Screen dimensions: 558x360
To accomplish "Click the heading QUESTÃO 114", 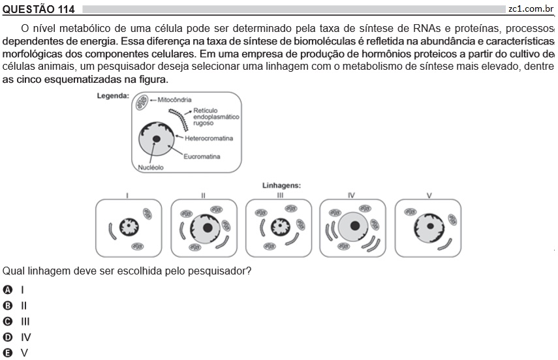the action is click(x=39, y=9).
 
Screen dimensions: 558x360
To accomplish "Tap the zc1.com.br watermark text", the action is click(x=531, y=9).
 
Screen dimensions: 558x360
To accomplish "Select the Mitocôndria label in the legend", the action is click(x=174, y=100).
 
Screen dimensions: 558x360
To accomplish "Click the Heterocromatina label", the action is click(x=209, y=138).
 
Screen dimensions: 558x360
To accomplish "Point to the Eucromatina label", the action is click(x=202, y=157).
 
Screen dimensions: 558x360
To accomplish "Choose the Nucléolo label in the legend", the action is click(x=151, y=168).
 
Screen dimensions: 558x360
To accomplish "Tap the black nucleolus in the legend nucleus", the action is click(x=156, y=139).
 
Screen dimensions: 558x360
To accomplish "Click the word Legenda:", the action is click(x=113, y=96).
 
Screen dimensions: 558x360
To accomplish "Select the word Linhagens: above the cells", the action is click(x=281, y=185).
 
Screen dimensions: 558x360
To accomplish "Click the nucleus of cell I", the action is click(x=129, y=227).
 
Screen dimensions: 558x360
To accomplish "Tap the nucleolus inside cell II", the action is click(x=208, y=228).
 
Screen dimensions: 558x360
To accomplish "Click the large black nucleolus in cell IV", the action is click(x=355, y=226).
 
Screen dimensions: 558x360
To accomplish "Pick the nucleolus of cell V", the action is click(x=430, y=226).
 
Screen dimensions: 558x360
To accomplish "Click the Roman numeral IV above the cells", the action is click(x=351, y=195).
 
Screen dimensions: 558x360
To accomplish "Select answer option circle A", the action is click(x=7, y=290).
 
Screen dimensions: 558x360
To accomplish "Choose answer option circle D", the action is click(x=7, y=337).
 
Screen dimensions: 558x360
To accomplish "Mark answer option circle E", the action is click(x=7, y=353).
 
